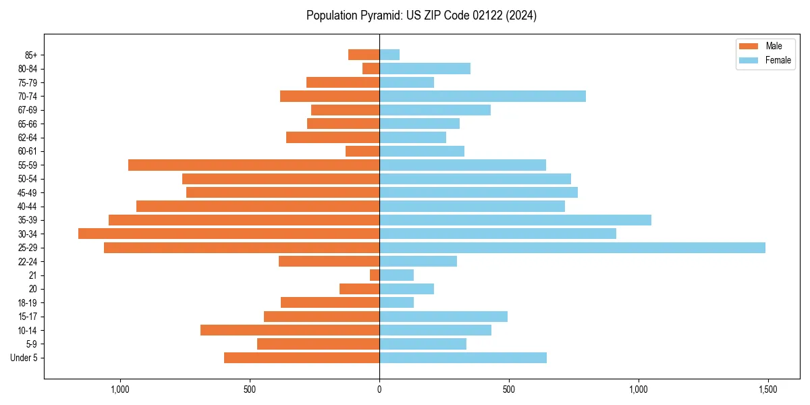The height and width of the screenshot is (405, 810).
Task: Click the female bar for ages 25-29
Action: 572,248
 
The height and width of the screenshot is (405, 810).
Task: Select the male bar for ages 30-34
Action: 229,234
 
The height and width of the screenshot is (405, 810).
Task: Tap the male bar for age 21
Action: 375,275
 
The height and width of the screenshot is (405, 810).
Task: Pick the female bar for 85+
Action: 389,55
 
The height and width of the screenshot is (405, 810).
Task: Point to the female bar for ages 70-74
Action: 483,96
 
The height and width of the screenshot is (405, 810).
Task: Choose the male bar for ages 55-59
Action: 254,165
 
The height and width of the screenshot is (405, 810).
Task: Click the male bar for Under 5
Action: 302,358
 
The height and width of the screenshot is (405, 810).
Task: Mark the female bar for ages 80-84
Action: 425,68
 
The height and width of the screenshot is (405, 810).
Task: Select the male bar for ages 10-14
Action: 290,330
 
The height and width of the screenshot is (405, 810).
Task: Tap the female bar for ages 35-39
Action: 515,220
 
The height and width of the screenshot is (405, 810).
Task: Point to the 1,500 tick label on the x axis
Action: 768,390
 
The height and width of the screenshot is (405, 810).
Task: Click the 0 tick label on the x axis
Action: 379,390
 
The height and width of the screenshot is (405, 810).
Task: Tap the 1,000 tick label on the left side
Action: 120,390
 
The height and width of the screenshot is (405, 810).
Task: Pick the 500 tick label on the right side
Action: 509,390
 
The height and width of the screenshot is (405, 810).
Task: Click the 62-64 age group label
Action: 28,138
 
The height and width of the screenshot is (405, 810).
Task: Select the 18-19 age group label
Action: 28,303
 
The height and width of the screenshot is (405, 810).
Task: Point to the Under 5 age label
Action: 24,358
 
